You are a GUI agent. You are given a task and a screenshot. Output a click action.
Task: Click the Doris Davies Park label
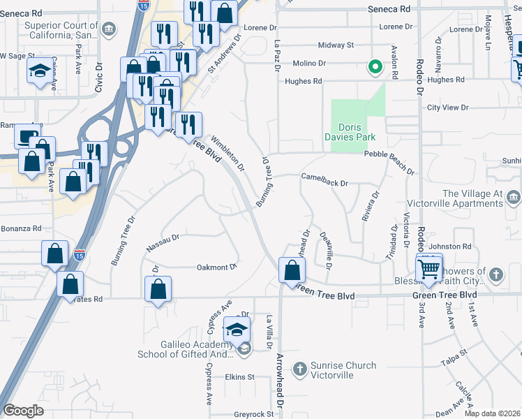pyautogui.click(x=357, y=132)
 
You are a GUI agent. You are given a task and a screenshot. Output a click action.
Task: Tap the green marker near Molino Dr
pyautogui.click(x=375, y=68)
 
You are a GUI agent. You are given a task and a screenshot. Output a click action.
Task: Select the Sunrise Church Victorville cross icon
pyautogui.click(x=299, y=368)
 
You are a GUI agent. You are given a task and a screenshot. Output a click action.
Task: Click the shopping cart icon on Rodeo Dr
pyautogui.click(x=429, y=267)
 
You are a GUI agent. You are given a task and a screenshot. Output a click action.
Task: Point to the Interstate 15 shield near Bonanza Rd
pyautogui.click(x=80, y=256)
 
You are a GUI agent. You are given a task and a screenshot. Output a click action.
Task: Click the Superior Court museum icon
pyautogui.click(x=109, y=29)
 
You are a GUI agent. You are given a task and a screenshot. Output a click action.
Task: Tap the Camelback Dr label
pyautogui.click(x=325, y=181)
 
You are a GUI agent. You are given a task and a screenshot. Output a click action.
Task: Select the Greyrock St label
pyautogui.click(x=254, y=414)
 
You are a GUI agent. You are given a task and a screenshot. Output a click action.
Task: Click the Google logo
pyautogui.click(x=23, y=411)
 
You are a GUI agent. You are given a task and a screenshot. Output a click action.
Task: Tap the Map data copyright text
pyautogui.click(x=491, y=413)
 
